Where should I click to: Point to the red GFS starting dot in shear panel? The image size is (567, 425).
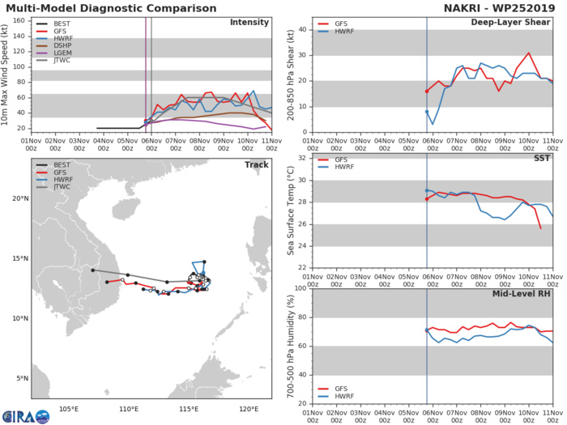tap(427, 91)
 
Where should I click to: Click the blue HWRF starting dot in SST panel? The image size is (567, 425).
tap(427, 190)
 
